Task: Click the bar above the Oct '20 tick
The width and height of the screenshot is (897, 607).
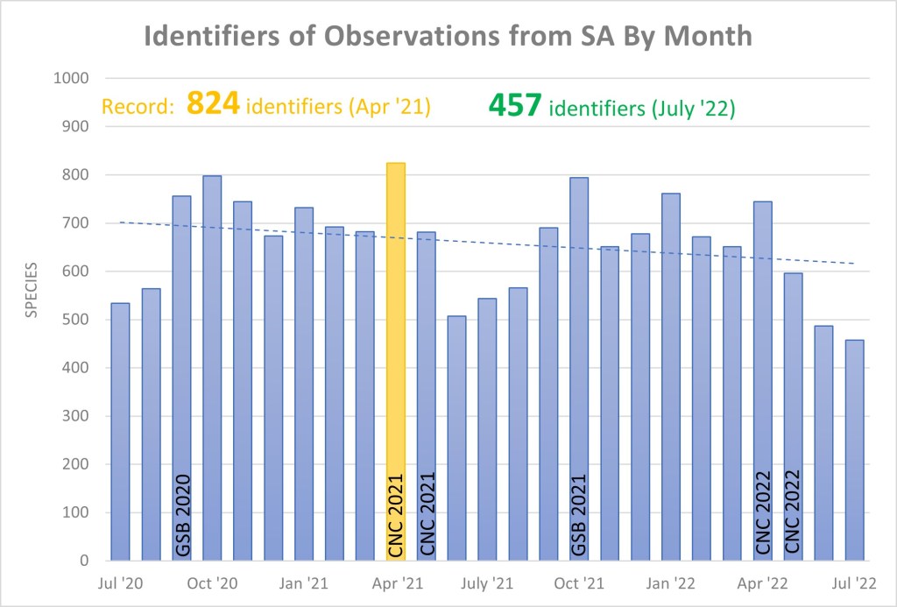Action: pyautogui.click(x=212, y=368)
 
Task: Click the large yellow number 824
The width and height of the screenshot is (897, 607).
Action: pyautogui.click(x=213, y=106)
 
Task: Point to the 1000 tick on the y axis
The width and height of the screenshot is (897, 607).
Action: pyautogui.click(x=72, y=79)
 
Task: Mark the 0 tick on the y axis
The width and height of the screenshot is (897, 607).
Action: pyautogui.click(x=85, y=561)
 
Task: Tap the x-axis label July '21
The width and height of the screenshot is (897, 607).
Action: pyautogui.click(x=487, y=583)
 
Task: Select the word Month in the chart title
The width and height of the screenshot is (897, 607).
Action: pyautogui.click(x=705, y=37)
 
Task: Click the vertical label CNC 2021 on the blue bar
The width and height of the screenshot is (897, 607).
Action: pyautogui.click(x=427, y=512)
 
